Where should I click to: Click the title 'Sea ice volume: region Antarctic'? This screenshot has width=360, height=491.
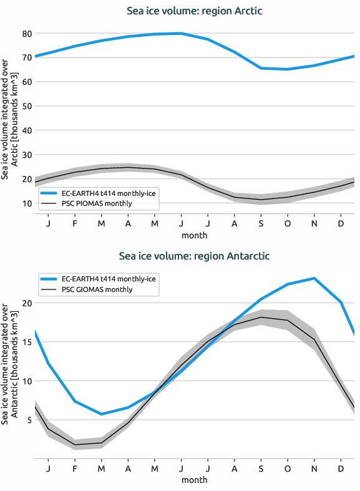click(195, 256)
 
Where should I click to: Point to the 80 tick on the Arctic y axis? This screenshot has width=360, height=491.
click(27, 33)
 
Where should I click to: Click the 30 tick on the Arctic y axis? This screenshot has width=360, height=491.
click(27, 155)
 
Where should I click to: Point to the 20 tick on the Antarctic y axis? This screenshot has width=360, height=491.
click(27, 303)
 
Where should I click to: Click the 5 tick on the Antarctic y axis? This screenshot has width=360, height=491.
click(29, 420)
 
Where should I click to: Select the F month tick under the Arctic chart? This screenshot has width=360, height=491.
click(75, 223)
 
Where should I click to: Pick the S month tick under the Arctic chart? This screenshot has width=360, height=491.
click(261, 223)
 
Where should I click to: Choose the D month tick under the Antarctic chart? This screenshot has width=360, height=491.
click(341, 468)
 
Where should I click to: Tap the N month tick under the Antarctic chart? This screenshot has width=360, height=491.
click(314, 468)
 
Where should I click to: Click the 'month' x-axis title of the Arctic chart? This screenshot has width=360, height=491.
click(195, 235)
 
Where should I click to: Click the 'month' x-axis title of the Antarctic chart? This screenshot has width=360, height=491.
click(195, 480)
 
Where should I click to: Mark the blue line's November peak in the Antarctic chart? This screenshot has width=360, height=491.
click(314, 278)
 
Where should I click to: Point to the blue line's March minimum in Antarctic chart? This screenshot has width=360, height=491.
click(101, 414)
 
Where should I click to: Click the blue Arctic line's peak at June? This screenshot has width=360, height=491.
click(181, 33)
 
